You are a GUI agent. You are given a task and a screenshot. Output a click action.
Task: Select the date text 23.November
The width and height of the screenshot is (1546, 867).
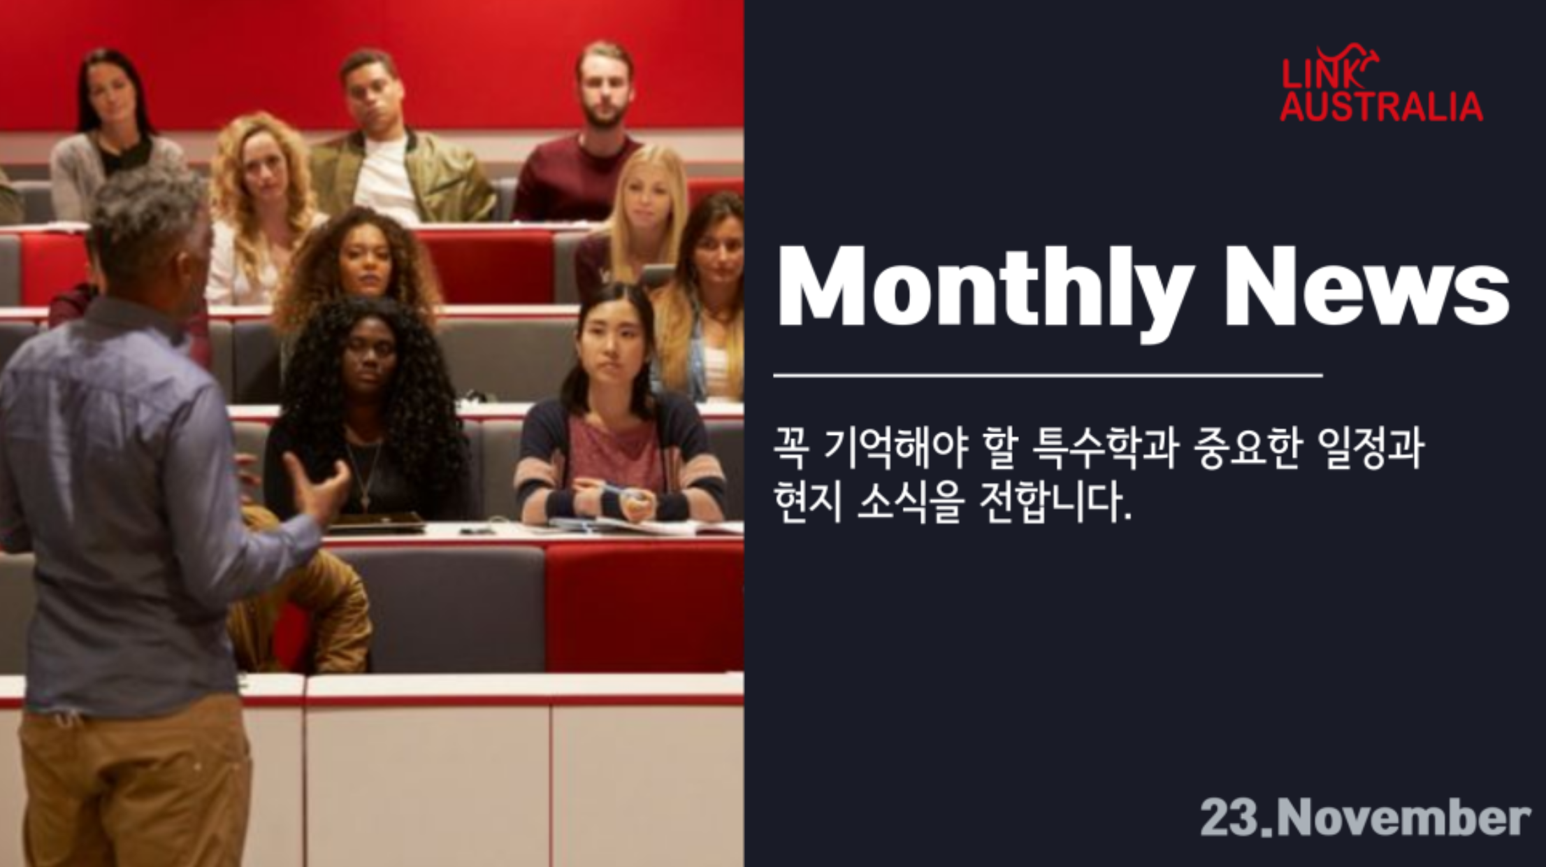1365,817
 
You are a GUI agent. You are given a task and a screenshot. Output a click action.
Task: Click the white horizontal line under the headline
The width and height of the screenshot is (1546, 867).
1048,375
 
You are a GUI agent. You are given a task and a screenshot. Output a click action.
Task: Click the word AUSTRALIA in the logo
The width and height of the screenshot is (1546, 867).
1381,106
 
